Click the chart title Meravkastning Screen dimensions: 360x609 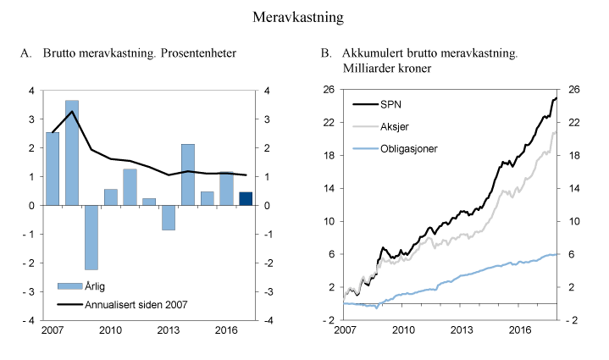pos(304,16)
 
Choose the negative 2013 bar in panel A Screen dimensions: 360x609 pos(168,218)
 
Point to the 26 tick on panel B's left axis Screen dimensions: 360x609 pos(329,90)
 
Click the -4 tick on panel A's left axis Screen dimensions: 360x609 pos(30,321)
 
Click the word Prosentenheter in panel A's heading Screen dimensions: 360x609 pos(195,54)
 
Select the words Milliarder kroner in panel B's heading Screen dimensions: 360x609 pos(385,68)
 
